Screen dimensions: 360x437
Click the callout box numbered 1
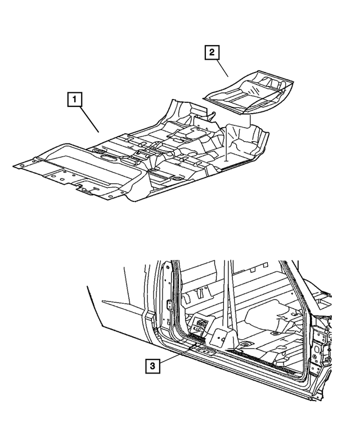[74, 100]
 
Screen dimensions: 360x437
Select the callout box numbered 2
[212, 52]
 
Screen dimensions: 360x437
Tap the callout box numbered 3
[152, 366]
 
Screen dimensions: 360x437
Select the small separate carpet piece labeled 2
[249, 92]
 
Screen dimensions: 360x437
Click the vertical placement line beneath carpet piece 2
[227, 143]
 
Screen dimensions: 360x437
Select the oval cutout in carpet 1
[108, 157]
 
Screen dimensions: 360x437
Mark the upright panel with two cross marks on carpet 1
[202, 125]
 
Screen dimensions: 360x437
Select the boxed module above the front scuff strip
[199, 326]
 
